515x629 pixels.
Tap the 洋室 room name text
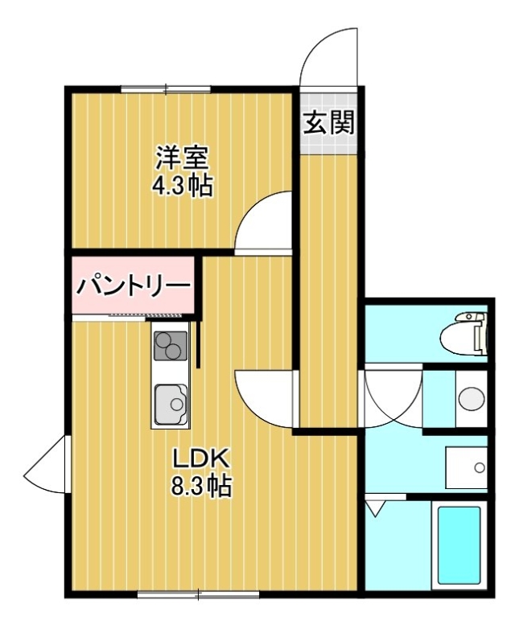coord(183,158)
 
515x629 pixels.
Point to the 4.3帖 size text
coord(181,185)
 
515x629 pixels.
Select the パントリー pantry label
coord(134,286)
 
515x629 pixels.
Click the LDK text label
coord(200,458)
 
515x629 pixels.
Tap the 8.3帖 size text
coord(200,486)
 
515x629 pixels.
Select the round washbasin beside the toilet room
coord(472,398)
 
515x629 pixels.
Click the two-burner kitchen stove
coord(171,346)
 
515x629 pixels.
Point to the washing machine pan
coord(467,467)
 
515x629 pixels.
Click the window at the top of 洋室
coord(166,89)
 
